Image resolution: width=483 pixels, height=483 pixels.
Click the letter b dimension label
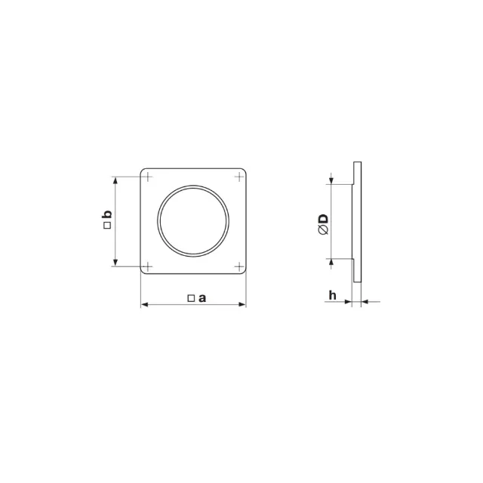pyautogui.click(x=107, y=214)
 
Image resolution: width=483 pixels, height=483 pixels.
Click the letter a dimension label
pyautogui.click(x=202, y=298)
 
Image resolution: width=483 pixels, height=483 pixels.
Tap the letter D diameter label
pyautogui.click(x=324, y=219)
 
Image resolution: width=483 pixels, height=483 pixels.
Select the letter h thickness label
pyautogui.click(x=332, y=295)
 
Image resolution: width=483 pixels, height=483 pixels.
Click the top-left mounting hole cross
pyautogui.click(x=148, y=177)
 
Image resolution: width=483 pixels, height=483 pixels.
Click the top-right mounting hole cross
pyautogui.click(x=239, y=177)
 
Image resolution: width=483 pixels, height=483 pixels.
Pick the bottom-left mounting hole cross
pyautogui.click(x=148, y=266)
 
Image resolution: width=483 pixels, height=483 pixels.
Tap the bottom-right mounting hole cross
pyautogui.click(x=239, y=266)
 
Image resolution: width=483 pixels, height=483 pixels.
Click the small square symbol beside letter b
pyautogui.click(x=107, y=226)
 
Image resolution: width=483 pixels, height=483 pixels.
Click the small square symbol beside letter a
pyautogui.click(x=191, y=298)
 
